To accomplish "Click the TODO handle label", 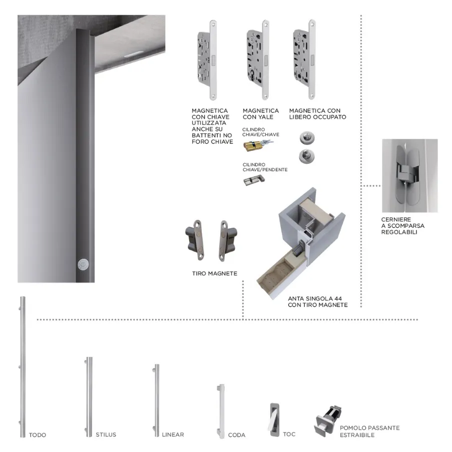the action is pos(38,435).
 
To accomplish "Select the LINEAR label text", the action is pos(173,434).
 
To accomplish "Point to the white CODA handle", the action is pos(221,411).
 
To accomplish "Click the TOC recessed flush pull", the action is pos(274,419).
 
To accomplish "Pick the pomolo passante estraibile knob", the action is pos(328,421).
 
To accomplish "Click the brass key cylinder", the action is pos(257,145).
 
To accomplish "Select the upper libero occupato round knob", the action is pos(307,138).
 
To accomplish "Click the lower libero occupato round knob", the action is pos(307,157).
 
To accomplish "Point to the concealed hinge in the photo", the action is pos(409,175).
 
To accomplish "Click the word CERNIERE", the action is pos(396,219).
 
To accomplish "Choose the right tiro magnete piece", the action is pos(228,241).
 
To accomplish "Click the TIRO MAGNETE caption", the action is pos(215,273).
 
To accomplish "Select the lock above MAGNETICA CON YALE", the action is pos(258,60).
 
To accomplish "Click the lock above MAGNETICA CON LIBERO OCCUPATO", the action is pos(304,60).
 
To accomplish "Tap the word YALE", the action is pos(266,117).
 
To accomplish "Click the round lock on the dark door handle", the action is pos(83,265).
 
